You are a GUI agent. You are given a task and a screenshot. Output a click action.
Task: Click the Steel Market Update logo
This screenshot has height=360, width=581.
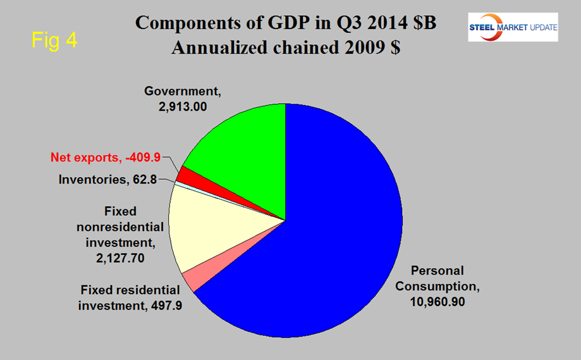(x=512, y=27)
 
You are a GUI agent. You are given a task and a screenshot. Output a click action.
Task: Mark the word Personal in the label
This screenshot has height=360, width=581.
(x=438, y=271)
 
